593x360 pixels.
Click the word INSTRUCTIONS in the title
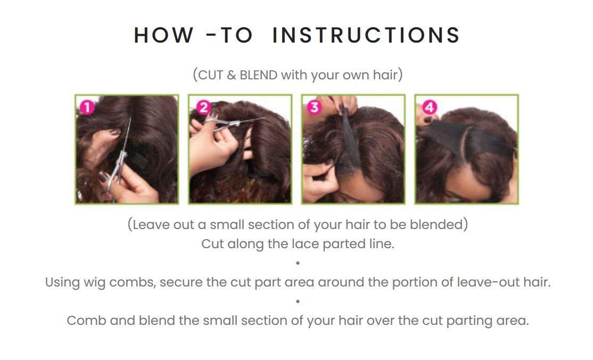(x=366, y=35)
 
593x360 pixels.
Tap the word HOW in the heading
(x=164, y=35)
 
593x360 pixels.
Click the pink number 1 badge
(x=87, y=108)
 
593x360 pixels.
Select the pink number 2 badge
(x=203, y=108)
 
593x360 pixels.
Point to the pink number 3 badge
(x=314, y=108)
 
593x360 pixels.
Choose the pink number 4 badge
(x=429, y=108)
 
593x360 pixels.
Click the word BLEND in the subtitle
(x=259, y=75)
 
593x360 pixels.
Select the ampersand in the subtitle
(x=231, y=75)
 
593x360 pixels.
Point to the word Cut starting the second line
(x=212, y=244)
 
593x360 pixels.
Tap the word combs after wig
(x=132, y=282)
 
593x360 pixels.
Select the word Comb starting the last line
(x=83, y=321)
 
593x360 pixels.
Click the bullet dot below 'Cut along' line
(x=298, y=263)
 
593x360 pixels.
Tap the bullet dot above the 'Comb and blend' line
(x=298, y=301)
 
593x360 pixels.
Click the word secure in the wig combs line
(x=180, y=282)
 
